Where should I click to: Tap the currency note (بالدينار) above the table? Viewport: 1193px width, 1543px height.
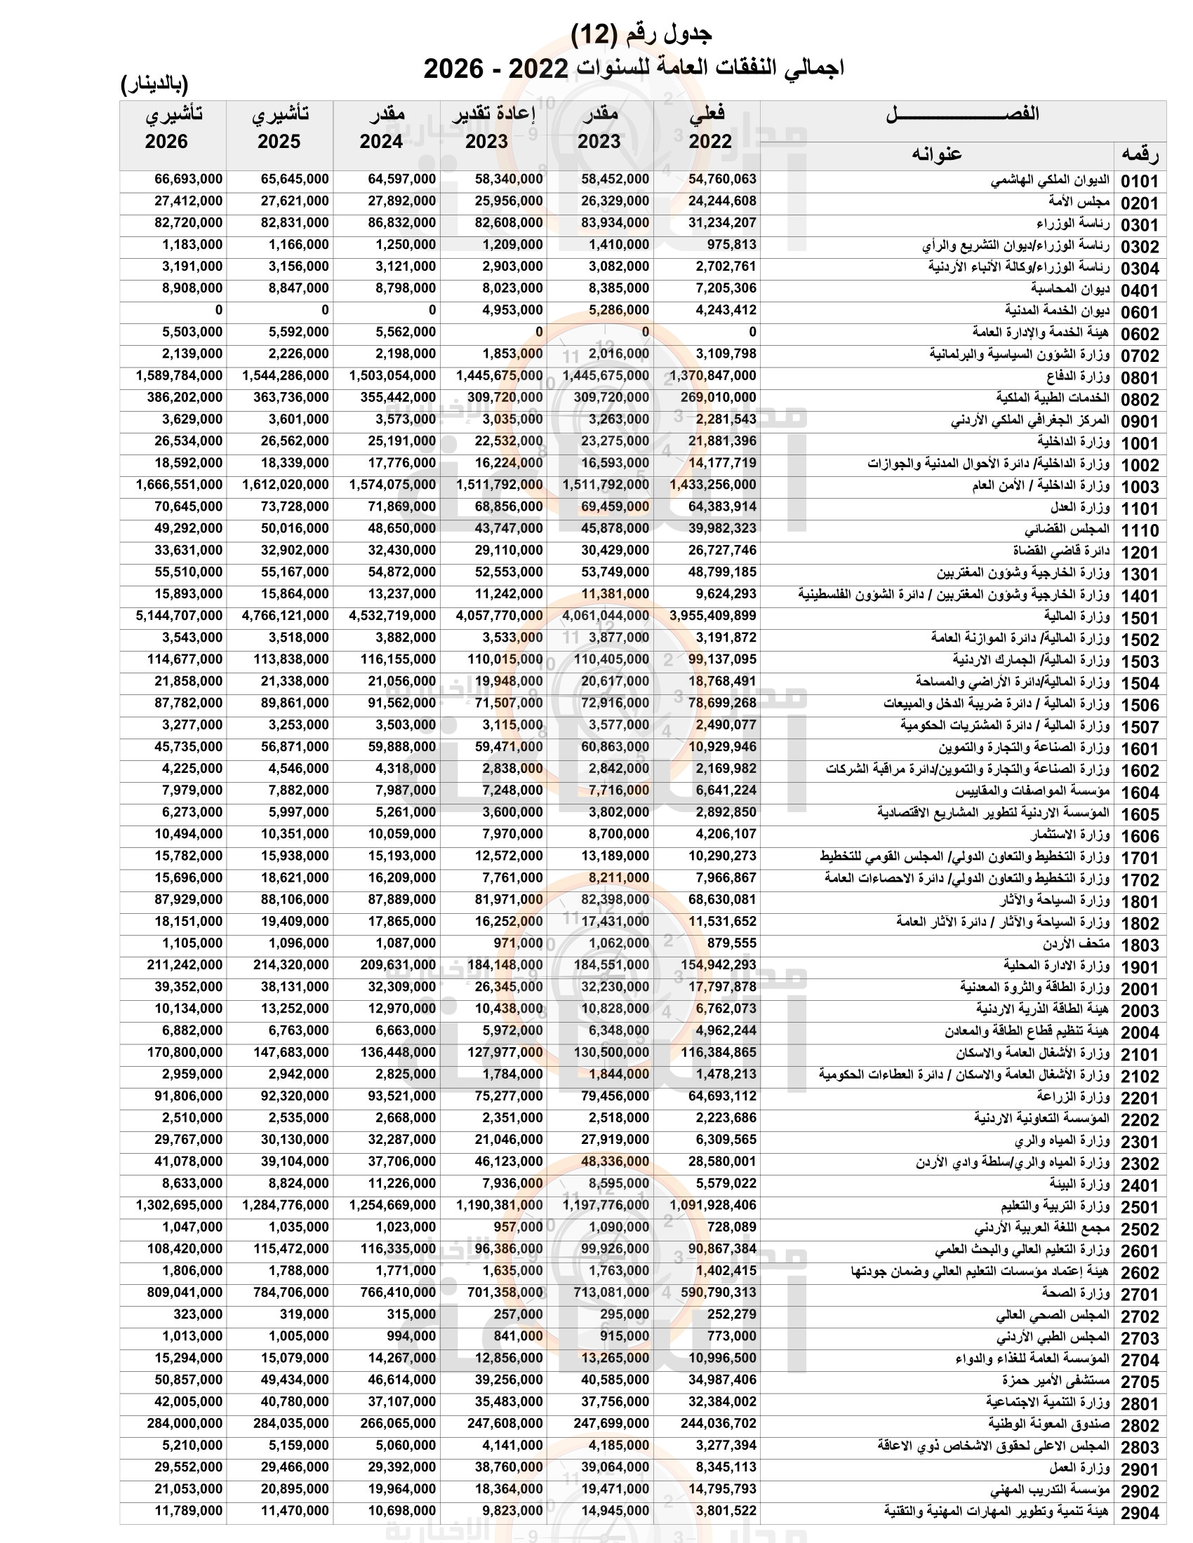point(155,85)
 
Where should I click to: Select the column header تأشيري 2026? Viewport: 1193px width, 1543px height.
point(173,128)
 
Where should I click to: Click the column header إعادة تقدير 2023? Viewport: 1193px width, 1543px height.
point(493,128)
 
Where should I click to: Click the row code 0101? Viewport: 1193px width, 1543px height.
point(1139,182)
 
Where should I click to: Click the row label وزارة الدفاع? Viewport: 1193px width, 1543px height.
point(1078,377)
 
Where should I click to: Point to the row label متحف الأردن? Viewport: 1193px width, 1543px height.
point(1076,944)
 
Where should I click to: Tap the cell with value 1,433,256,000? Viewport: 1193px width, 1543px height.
point(712,485)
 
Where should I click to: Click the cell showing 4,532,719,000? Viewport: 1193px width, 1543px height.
point(392,616)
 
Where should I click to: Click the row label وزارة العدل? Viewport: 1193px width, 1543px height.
point(1079,507)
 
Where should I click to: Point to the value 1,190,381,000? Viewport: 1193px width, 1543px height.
point(499,1205)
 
